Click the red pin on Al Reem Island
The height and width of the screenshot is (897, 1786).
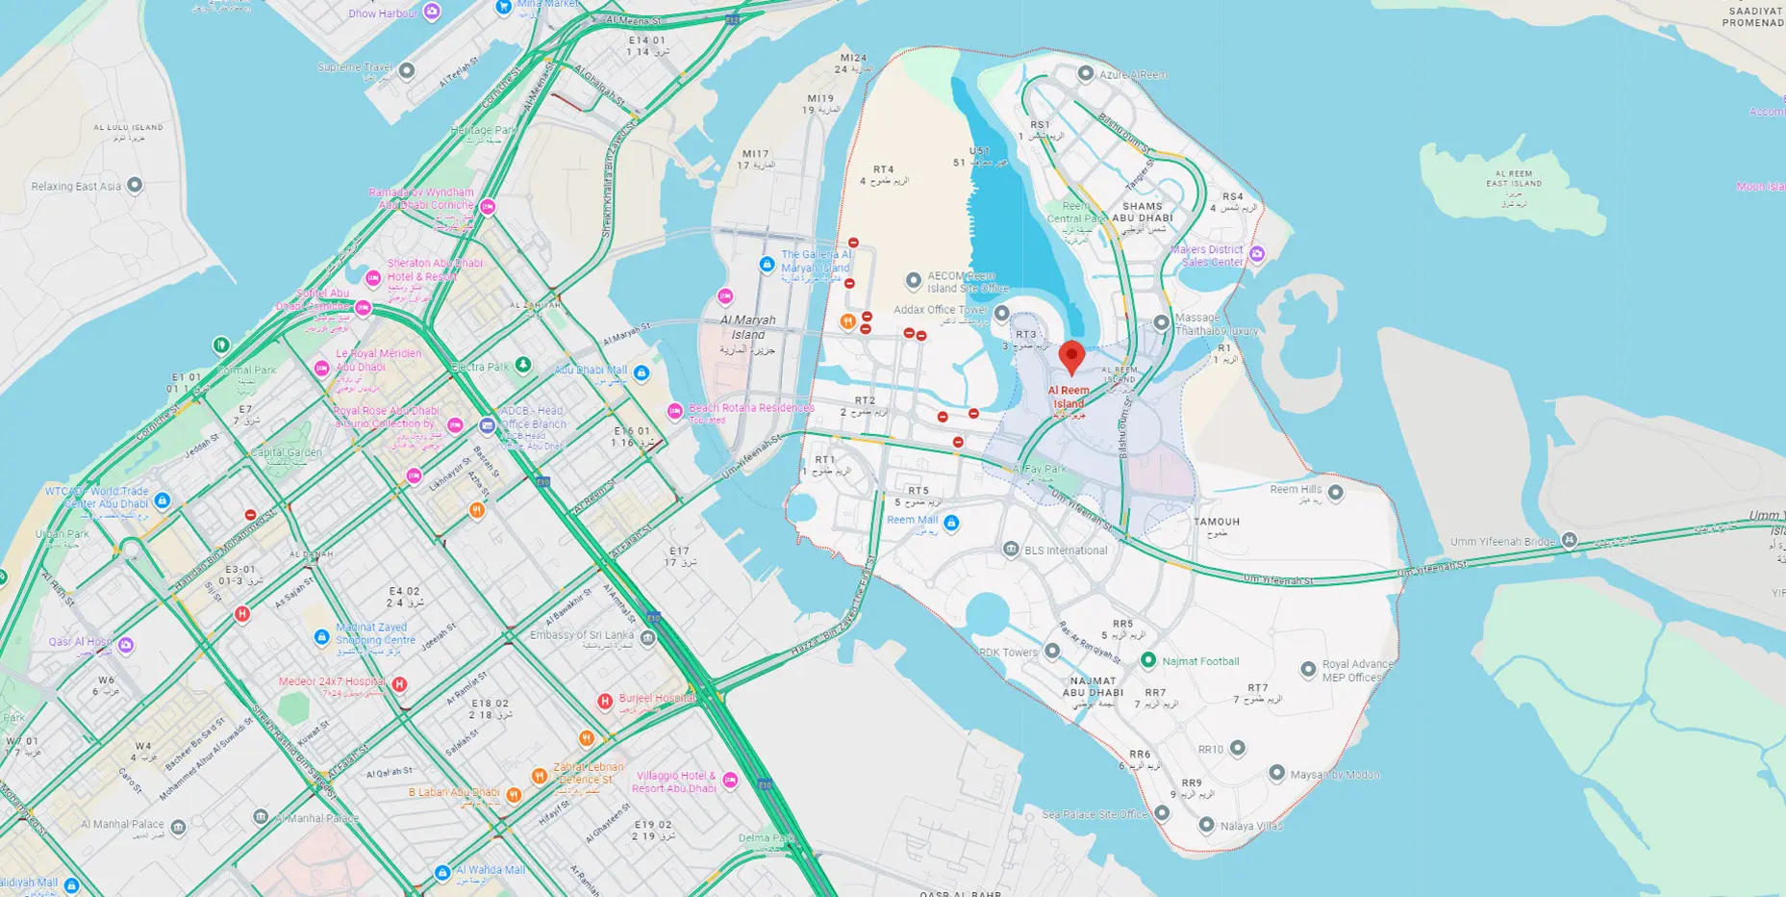click(1071, 355)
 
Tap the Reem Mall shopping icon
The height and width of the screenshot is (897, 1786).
click(951, 523)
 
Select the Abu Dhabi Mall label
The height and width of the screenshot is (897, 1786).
click(591, 370)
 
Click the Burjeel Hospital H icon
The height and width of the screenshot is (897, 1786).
click(605, 702)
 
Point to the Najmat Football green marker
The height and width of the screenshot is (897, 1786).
click(1147, 660)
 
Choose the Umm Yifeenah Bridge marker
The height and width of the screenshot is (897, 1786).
click(1570, 540)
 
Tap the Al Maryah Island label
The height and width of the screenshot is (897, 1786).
click(747, 327)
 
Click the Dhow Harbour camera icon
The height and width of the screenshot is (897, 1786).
click(433, 12)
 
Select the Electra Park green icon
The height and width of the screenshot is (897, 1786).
click(522, 365)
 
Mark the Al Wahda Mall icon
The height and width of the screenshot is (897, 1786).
click(442, 872)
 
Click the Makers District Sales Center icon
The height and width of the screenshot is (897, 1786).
click(1256, 253)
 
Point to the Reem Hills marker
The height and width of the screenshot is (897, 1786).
click(1335, 493)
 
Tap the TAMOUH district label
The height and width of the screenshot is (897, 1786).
click(1217, 522)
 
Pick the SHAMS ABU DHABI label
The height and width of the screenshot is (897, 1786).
click(1143, 212)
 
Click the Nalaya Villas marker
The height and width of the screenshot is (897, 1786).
click(1206, 825)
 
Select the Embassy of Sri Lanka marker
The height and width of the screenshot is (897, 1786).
click(648, 638)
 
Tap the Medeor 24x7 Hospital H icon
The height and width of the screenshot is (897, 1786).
click(399, 684)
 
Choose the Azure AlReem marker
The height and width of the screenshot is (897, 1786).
click(1085, 73)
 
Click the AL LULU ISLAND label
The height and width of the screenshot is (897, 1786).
click(128, 127)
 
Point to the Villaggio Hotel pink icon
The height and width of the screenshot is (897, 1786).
click(730, 781)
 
